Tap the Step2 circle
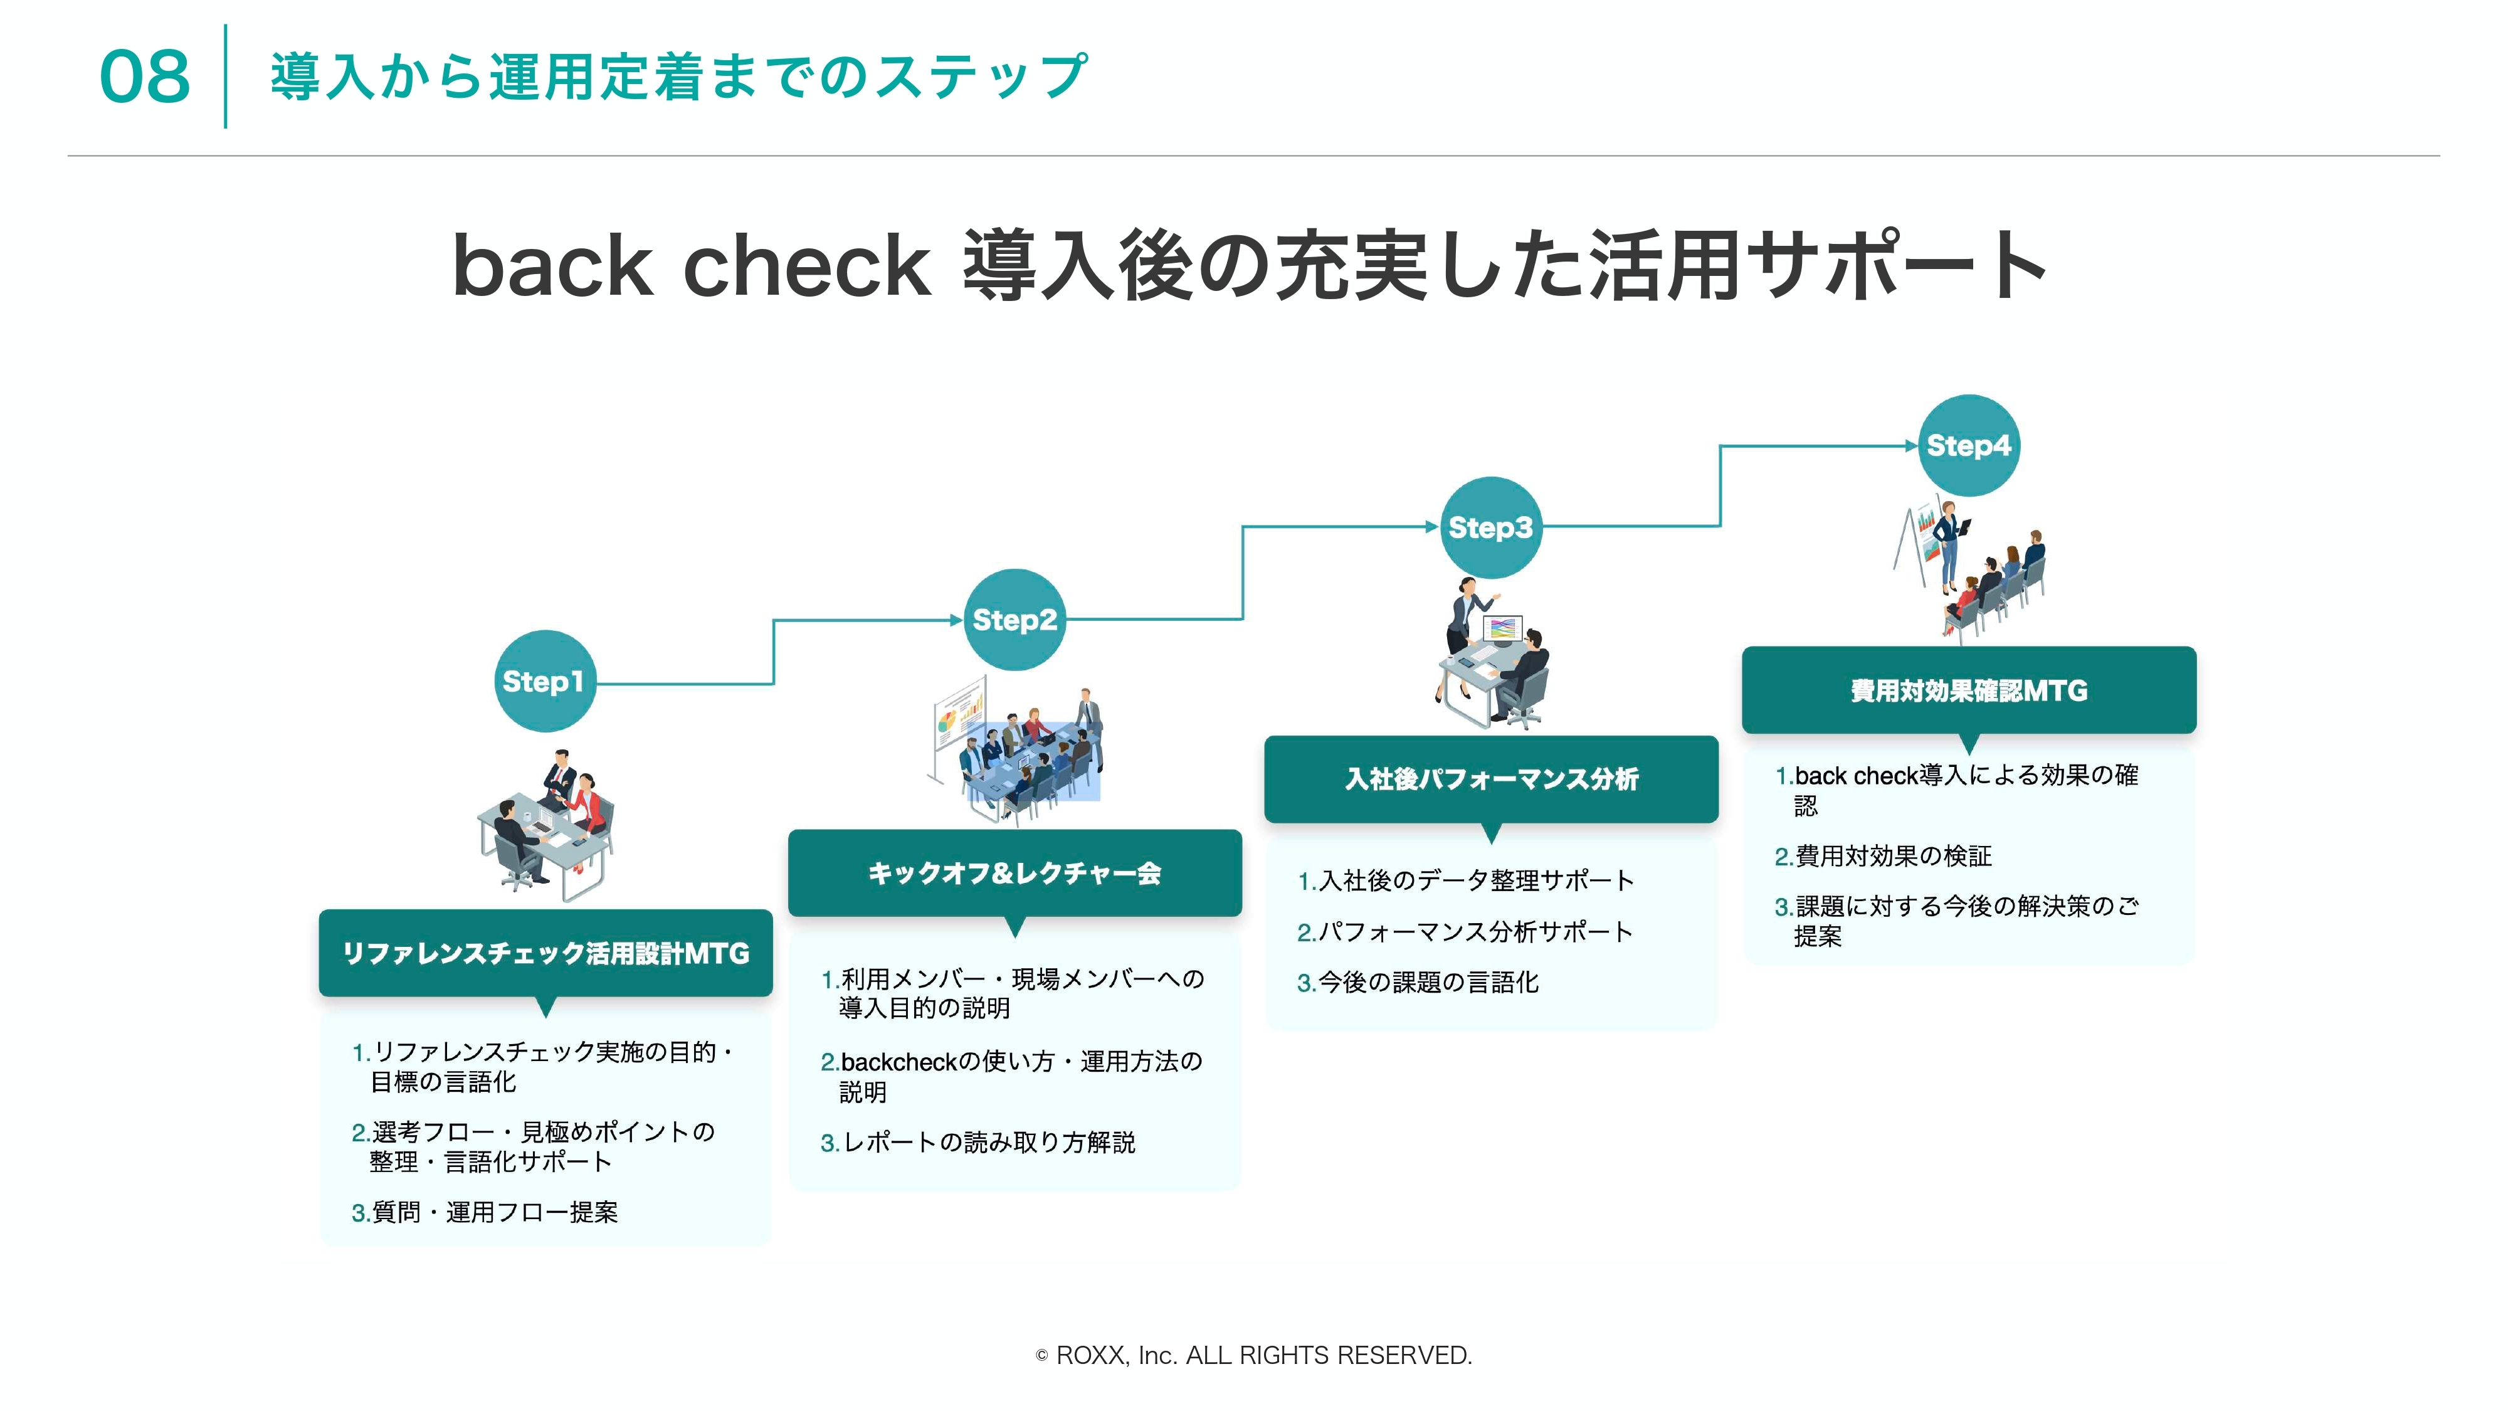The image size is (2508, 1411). [1014, 620]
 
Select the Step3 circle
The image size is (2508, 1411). [1490, 528]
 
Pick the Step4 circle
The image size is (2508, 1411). [1969, 446]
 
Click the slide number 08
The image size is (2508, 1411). [145, 77]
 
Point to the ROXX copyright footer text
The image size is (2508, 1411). [1254, 1355]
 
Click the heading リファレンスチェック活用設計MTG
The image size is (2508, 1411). [546, 953]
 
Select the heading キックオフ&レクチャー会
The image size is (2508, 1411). [1014, 874]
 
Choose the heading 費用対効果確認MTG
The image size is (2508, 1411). [1969, 691]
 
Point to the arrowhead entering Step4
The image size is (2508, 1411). [1911, 446]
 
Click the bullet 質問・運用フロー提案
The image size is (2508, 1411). [485, 1212]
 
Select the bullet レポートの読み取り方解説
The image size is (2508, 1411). [979, 1142]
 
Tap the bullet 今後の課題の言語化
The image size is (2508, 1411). [1418, 983]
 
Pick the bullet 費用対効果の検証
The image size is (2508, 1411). [1883, 856]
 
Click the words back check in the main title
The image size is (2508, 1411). [692, 266]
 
